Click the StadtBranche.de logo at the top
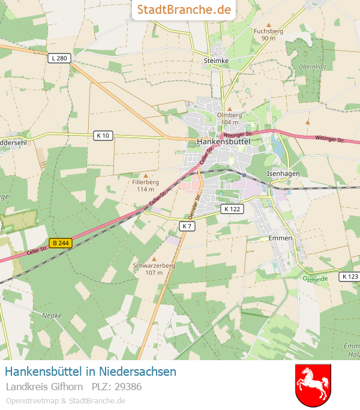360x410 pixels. (x=184, y=10)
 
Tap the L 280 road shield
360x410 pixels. (x=59, y=58)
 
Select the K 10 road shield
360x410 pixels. (x=103, y=136)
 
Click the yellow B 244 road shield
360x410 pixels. (x=61, y=243)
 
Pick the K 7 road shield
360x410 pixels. (x=187, y=226)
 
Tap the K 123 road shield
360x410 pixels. (x=349, y=276)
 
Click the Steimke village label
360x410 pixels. (x=217, y=61)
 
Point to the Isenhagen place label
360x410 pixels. (x=283, y=173)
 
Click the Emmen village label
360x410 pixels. (x=280, y=238)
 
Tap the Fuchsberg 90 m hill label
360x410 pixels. (x=268, y=34)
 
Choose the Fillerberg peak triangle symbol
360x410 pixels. (x=146, y=175)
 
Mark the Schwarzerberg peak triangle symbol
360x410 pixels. (x=154, y=259)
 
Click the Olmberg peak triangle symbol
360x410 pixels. (x=230, y=109)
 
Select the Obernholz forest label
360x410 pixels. (x=312, y=67)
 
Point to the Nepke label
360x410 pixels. (x=52, y=315)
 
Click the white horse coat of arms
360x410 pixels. (x=313, y=384)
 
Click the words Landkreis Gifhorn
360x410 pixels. (x=44, y=387)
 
